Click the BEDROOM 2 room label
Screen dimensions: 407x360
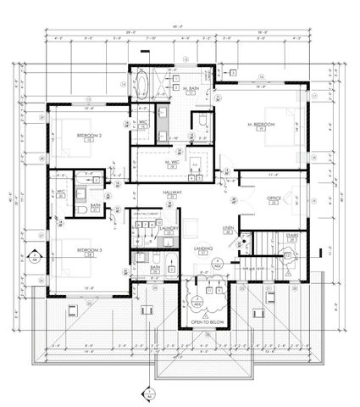(x=89, y=135)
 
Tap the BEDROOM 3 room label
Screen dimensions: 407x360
(x=89, y=250)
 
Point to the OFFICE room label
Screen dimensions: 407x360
(x=273, y=198)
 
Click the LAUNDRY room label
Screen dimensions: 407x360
(x=167, y=228)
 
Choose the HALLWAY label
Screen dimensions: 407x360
(x=173, y=193)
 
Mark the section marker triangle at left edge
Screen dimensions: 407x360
(x=32, y=256)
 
